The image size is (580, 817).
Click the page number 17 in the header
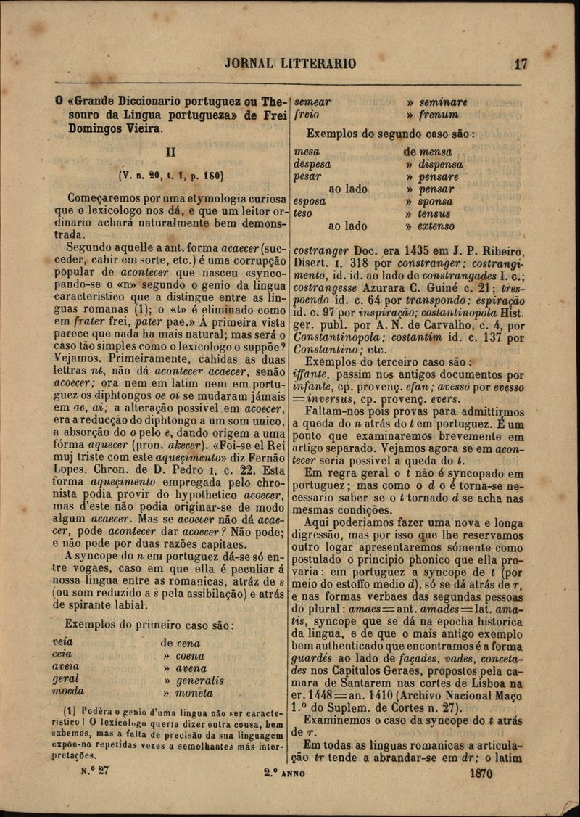pyautogui.click(x=520, y=63)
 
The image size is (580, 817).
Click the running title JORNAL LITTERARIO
pyautogui.click(x=291, y=64)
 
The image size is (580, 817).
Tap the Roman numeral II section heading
pyautogui.click(x=171, y=153)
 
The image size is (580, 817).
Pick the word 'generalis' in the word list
pyautogui.click(x=199, y=681)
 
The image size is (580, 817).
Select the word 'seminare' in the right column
pyautogui.click(x=443, y=102)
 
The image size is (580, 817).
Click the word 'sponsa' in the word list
pyautogui.click(x=435, y=201)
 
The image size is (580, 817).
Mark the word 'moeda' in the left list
pyautogui.click(x=68, y=691)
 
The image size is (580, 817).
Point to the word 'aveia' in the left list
pyautogui.click(x=66, y=666)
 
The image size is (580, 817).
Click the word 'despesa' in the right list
pyautogui.click(x=312, y=164)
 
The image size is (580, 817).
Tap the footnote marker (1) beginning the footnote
pyautogui.click(x=70, y=710)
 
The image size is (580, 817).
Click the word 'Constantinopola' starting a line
pyautogui.click(x=338, y=337)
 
